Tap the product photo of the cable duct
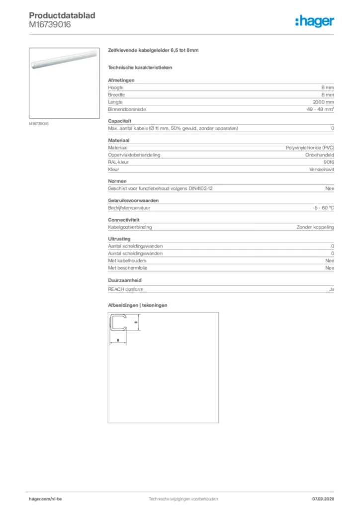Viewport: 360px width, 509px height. click(64, 64)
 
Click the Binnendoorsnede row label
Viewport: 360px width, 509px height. click(127, 109)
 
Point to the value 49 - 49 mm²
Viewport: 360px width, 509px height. click(320, 109)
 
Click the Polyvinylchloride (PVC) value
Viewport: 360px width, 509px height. click(310, 148)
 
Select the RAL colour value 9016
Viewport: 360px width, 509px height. click(329, 163)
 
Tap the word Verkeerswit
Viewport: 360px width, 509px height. click(321, 170)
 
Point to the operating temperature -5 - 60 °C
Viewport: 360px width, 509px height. click(320, 208)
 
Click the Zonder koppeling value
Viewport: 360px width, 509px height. click(315, 227)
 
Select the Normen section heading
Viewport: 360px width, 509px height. click(117, 181)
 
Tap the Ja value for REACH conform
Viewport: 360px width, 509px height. click(331, 289)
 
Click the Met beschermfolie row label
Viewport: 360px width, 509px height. click(128, 268)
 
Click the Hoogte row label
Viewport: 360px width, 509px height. click(116, 87)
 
